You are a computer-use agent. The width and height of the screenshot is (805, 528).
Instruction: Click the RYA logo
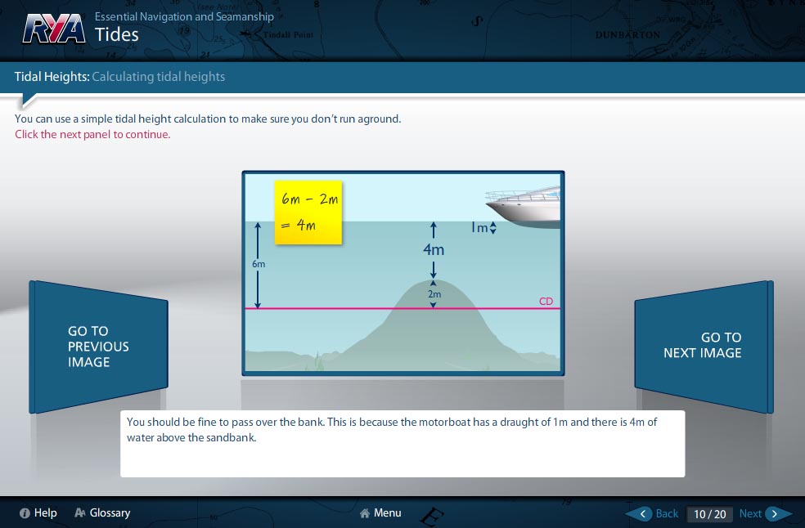pos(54,29)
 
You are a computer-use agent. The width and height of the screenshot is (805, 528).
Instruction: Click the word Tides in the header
pos(116,34)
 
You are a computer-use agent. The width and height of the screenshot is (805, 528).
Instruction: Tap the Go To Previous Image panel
pos(98,347)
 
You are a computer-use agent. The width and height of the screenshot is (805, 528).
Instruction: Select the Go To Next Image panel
pos(704,347)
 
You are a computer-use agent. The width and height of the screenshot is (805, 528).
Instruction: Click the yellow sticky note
pos(308,212)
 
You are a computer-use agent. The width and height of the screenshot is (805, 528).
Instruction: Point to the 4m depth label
pos(434,249)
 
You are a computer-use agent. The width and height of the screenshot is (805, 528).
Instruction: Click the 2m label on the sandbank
pos(434,294)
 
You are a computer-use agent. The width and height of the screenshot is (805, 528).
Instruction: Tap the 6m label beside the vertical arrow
pos(259,264)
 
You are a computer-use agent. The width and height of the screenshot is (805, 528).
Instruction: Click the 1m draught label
pos(479,227)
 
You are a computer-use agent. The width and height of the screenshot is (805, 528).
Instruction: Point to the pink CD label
pos(546,302)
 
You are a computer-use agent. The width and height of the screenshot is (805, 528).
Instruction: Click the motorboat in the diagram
pos(523,208)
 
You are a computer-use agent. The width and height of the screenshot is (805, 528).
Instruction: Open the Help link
pos(38,512)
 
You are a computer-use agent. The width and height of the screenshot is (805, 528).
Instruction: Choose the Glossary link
pos(103,512)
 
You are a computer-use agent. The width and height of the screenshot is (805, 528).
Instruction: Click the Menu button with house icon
pos(380,512)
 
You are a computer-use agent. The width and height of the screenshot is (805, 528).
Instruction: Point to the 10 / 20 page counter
pos(710,514)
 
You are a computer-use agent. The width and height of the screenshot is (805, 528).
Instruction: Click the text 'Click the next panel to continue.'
pos(92,134)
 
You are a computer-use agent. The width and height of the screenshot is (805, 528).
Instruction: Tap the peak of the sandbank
pos(434,280)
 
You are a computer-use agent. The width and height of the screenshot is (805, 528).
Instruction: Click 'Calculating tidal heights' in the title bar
pos(158,77)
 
